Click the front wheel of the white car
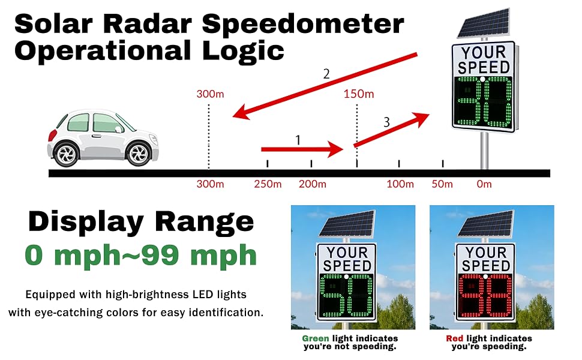(139, 154)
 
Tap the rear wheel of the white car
(67, 154)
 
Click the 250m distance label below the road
(268, 184)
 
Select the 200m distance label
(313, 184)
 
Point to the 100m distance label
(400, 184)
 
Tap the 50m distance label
(442, 184)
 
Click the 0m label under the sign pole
(484, 184)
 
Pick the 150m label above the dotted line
(359, 94)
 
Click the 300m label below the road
(210, 184)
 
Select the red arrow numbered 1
(302, 149)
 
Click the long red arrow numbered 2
(325, 86)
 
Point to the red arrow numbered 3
(392, 130)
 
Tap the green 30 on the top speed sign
(483, 102)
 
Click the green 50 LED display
(346, 295)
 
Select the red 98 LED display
(485, 295)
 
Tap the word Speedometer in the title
(303, 25)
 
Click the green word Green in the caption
(316, 338)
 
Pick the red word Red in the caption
(455, 338)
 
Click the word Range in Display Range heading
(204, 221)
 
